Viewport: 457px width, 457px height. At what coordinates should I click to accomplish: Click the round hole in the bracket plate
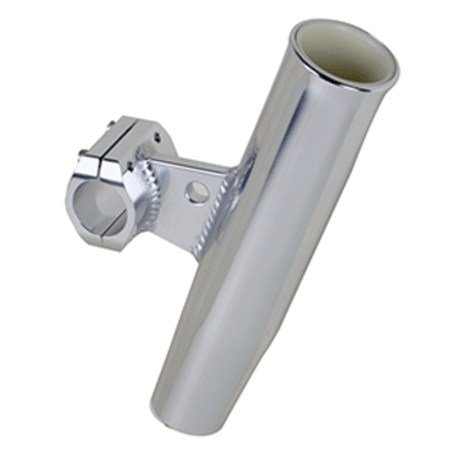(197, 192)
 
